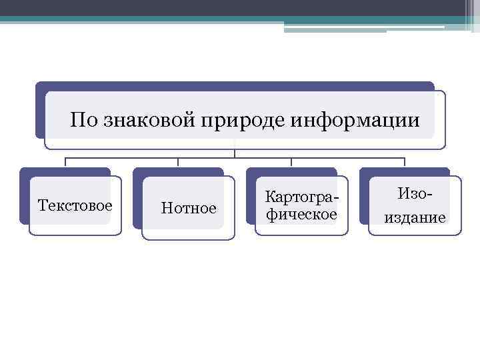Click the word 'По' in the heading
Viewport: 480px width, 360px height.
[x=83, y=120]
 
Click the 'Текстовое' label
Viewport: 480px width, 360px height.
[x=75, y=204]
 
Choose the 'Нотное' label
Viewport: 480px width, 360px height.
[x=189, y=209]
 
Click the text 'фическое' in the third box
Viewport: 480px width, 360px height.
[x=301, y=215]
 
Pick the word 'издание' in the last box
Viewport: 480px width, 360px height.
[x=415, y=217]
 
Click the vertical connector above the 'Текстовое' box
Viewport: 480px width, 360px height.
[x=65, y=162]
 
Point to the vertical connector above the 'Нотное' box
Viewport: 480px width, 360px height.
[x=178, y=162]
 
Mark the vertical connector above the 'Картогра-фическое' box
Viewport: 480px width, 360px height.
[x=291, y=162]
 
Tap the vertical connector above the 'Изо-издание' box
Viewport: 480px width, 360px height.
[x=405, y=162]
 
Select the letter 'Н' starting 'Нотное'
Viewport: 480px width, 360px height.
[x=166, y=209]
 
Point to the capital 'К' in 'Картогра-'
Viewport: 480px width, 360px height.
[x=270, y=197]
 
